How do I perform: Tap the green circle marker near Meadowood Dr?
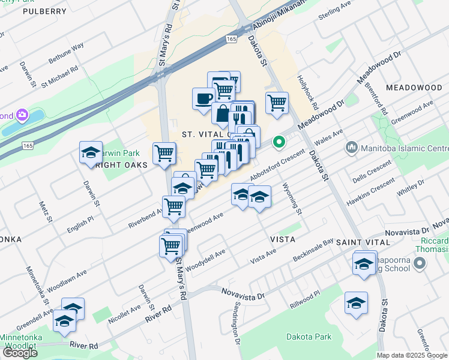(278, 142)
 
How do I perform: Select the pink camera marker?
(23, 115)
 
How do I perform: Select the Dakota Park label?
(309, 337)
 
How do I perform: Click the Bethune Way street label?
(66, 53)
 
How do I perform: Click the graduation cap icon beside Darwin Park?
(91, 152)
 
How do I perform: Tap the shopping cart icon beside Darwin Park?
(164, 154)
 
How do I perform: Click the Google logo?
(20, 352)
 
